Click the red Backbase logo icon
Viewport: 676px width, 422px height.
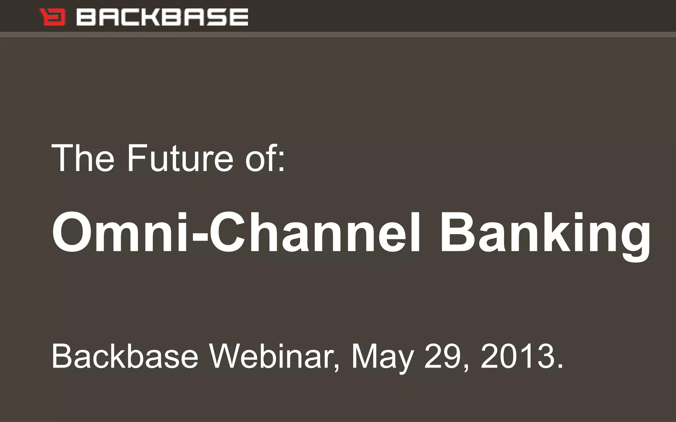(x=52, y=17)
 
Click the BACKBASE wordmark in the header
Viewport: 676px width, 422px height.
(x=162, y=17)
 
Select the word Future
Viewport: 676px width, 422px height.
(x=180, y=158)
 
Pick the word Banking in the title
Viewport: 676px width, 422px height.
(x=545, y=232)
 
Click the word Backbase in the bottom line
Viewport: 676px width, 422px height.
(x=125, y=357)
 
